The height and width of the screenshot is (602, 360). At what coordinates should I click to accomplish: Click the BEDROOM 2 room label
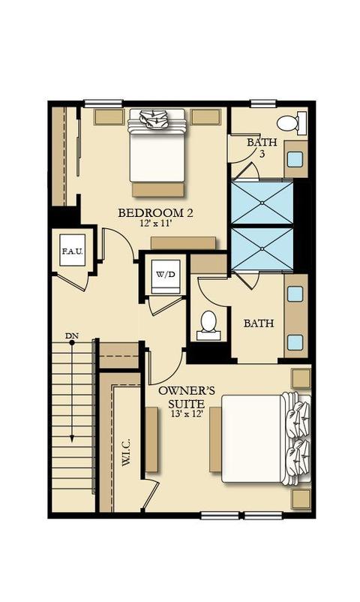pos(155,212)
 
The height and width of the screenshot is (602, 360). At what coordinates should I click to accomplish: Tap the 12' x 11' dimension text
pos(155,224)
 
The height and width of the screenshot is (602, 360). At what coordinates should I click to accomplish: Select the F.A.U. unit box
pos(73,251)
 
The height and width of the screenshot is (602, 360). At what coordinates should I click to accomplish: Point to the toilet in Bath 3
pos(291,124)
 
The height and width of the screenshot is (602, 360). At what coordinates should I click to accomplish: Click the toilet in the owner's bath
pos(208,326)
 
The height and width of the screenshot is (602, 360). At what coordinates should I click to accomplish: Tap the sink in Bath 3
pos(295,159)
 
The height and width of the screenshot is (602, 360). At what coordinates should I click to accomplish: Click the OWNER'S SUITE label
pos(187,397)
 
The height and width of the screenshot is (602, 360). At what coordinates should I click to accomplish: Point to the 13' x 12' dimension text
pos(187,414)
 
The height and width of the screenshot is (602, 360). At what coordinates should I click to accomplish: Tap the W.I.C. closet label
pos(125,453)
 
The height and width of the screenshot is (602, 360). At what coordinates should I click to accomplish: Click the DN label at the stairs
pos(71,336)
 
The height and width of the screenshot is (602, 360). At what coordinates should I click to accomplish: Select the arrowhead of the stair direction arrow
pos(72,439)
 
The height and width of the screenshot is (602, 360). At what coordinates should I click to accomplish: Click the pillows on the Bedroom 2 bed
pos(156,120)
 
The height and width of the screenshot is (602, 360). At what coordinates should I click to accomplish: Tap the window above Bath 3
pos(263,104)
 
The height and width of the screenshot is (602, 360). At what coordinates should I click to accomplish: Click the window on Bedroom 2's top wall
pos(103,104)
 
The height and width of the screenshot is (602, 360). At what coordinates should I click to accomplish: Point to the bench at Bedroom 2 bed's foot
pos(158,190)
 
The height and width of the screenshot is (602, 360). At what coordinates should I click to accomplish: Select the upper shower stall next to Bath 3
pos(262,203)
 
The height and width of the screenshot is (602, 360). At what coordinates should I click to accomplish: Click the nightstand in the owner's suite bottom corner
pos(301,499)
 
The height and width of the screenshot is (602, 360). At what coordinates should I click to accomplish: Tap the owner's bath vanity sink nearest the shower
pos(295,293)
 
